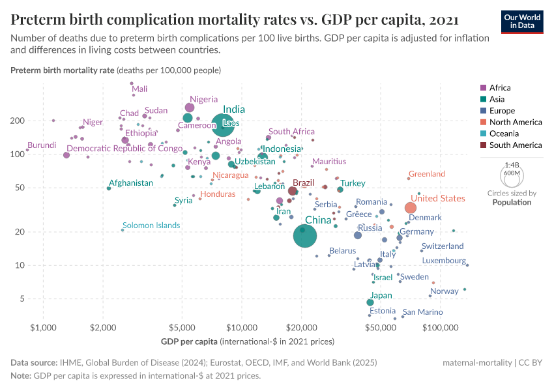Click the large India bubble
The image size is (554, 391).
tap(223, 124)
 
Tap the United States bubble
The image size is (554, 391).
tap(411, 208)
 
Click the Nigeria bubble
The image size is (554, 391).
tap(190, 108)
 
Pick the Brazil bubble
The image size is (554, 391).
tap(293, 191)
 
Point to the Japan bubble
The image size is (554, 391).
tap(370, 302)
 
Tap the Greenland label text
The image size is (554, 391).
tap(426, 174)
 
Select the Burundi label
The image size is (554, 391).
tap(41, 145)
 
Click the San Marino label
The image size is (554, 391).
tap(422, 312)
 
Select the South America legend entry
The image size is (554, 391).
tap(510, 145)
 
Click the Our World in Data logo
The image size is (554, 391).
tap(523, 21)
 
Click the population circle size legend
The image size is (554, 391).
tap(511, 176)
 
